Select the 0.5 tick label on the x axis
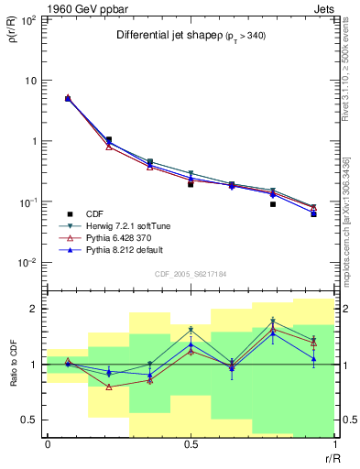191,444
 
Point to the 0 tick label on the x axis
48,444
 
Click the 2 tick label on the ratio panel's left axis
34,310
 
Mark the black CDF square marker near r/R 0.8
273,204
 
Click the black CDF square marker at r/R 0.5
191,184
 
